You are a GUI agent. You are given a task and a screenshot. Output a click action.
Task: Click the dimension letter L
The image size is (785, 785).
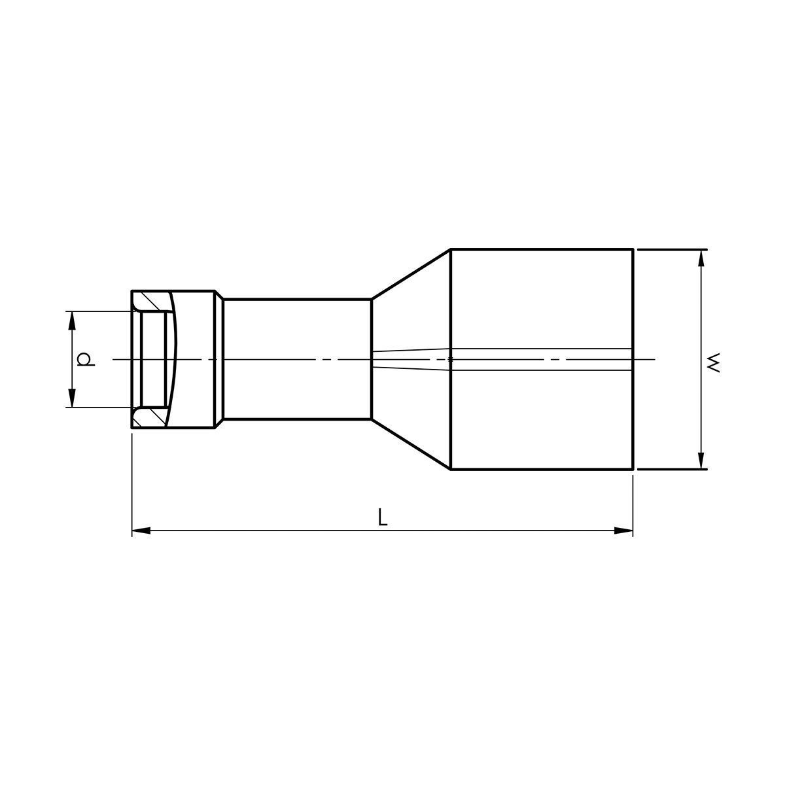[x=382, y=517]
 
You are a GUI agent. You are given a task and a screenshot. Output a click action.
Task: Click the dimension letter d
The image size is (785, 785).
[x=86, y=359]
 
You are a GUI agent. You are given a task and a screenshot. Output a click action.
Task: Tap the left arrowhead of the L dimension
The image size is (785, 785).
[x=141, y=531]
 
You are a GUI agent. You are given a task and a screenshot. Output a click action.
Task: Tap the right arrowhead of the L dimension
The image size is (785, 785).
[x=623, y=531]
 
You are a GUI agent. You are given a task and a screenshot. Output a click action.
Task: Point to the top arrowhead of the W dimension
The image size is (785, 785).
[x=701, y=258]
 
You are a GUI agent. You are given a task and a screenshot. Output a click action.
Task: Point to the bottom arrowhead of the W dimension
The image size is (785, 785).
[x=701, y=460]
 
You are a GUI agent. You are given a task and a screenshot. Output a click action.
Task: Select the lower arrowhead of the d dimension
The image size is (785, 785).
[x=72, y=398]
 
